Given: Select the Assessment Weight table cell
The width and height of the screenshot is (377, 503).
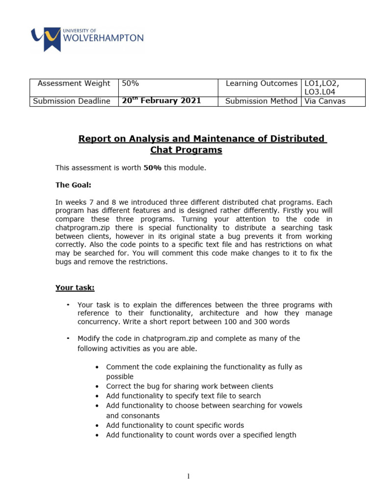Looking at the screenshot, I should pos(74,84).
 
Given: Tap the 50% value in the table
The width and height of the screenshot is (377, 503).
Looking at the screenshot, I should pos(131,84).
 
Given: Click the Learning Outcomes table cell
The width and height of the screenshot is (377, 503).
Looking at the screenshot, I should pos(261,84).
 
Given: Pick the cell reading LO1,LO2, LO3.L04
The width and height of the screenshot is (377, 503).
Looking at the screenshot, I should pos(322,87).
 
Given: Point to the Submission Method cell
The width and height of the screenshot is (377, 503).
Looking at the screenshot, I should pos(261,101).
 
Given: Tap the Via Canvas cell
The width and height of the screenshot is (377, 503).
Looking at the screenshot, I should pos(325,101).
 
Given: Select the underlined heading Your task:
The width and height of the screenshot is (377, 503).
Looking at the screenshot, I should pos(75,288).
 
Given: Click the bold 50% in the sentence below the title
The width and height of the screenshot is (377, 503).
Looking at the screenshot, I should pos(152,168).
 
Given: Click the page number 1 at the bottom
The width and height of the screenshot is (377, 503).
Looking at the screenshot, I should pos(188,475).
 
